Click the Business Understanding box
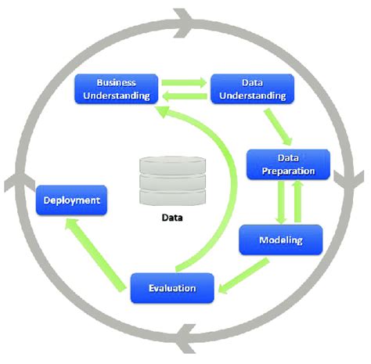116,88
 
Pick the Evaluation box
173,288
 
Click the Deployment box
71,200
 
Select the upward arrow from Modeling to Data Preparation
296,200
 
